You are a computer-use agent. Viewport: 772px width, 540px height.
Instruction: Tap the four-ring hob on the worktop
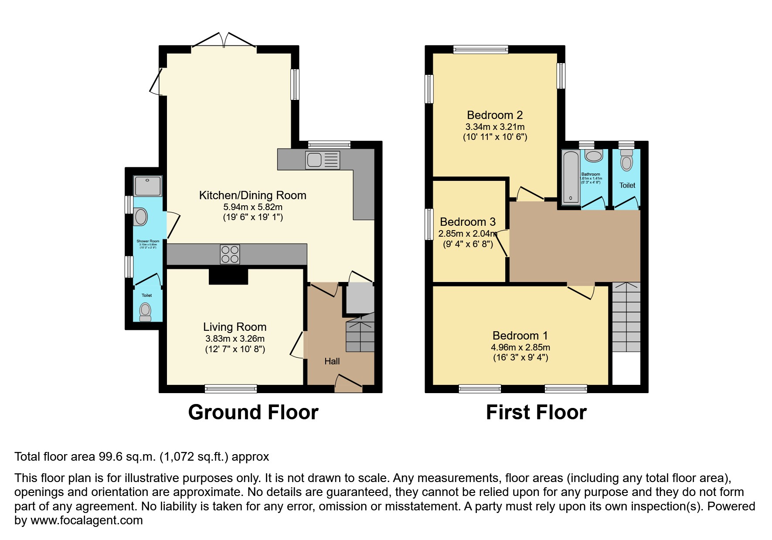230,255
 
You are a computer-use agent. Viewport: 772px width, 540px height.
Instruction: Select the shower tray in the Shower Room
148,186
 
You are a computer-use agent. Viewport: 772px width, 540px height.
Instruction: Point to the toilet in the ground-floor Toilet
145,312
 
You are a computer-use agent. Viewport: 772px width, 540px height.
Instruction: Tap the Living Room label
235,327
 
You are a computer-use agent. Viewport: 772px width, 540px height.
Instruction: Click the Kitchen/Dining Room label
252,195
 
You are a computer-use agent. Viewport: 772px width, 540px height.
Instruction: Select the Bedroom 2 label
495,115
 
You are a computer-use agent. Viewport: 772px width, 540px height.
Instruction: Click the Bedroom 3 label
468,222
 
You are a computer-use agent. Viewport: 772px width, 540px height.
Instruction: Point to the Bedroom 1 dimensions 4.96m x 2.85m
520,347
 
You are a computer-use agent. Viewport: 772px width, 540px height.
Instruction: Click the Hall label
332,361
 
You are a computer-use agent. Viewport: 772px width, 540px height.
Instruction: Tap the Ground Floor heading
253,412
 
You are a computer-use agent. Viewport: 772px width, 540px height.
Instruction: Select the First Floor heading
536,412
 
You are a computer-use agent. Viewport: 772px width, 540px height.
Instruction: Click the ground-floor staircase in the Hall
360,336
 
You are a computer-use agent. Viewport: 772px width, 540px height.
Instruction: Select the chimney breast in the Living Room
228,277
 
